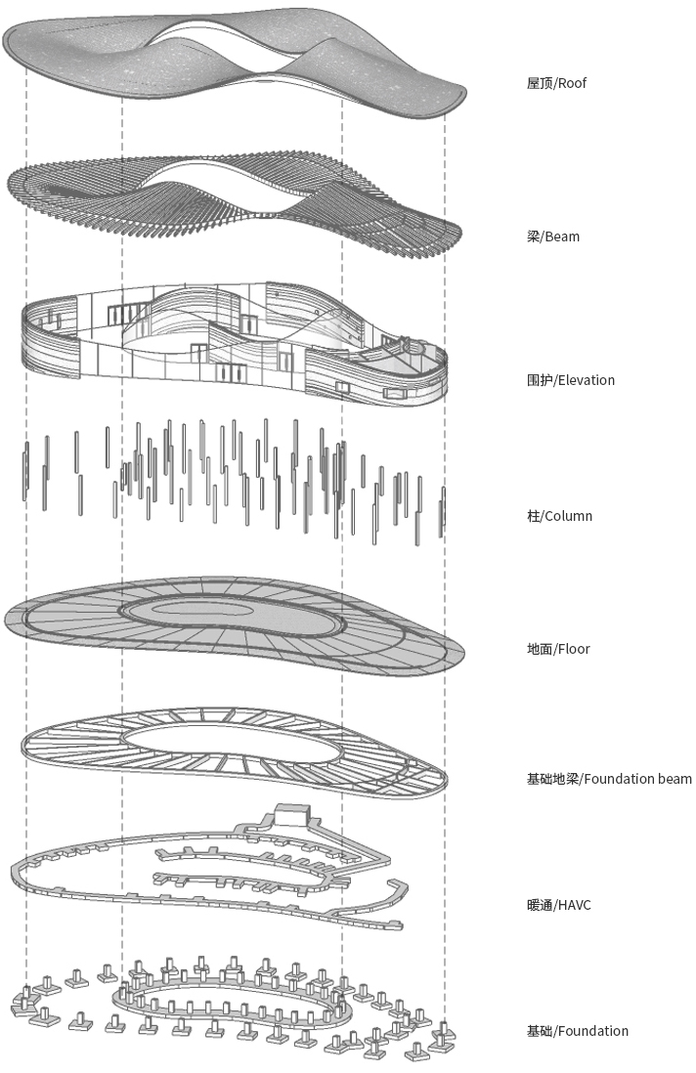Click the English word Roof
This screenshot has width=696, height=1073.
(x=573, y=83)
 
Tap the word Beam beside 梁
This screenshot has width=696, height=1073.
(x=562, y=236)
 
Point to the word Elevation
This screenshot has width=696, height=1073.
(x=586, y=380)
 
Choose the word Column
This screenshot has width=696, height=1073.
(x=568, y=516)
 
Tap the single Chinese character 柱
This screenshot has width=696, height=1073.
(x=533, y=516)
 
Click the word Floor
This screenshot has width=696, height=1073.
(x=574, y=649)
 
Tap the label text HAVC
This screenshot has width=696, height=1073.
(x=574, y=905)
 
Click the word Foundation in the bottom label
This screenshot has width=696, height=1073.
(x=592, y=1031)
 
